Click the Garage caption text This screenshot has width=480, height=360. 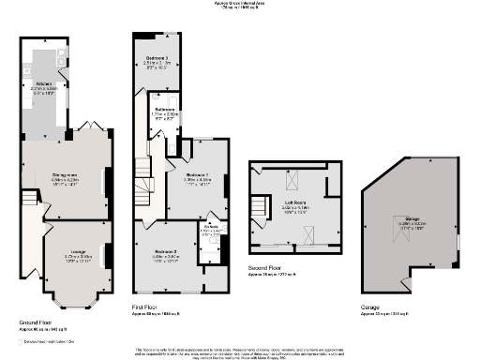pyautogui.click(x=369, y=306)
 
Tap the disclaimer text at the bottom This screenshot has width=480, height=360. pyautogui.click(x=240, y=352)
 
